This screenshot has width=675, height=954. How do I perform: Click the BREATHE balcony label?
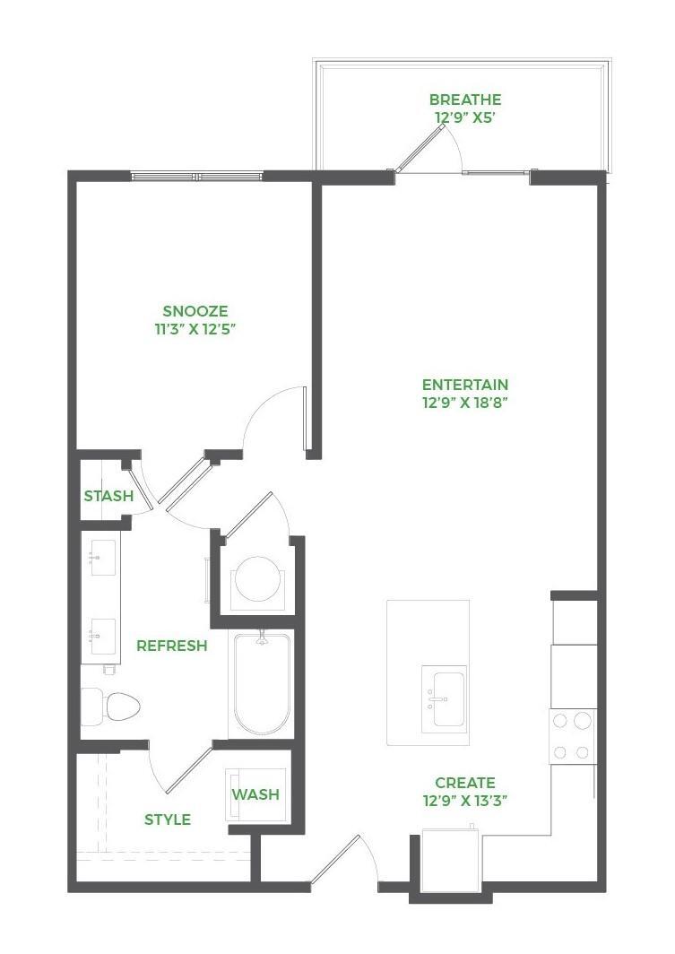pos(464,100)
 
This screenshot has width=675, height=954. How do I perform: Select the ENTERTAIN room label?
pos(464,385)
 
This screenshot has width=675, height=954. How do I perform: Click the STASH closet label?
pos(108,496)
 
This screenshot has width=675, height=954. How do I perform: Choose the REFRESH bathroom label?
pos(171,646)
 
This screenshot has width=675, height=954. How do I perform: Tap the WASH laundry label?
pos(255,794)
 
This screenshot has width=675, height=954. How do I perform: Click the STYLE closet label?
pos(168,820)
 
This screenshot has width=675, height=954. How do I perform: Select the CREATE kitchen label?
pos(464,783)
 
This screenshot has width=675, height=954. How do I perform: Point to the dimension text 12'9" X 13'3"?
pos(464,802)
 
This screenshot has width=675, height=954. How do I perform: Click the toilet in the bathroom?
pos(111,706)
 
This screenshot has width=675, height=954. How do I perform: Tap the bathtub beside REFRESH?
pos(261,684)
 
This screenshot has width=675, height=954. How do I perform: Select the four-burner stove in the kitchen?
pos(573,735)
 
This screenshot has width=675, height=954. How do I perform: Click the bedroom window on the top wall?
pos(198,176)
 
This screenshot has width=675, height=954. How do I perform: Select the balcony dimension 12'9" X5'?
pos(464,117)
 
